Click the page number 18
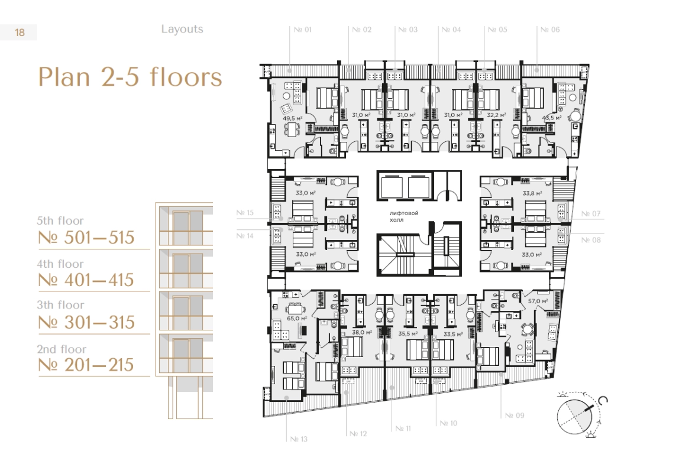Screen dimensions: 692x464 (20, 32)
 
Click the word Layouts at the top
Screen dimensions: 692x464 (182, 29)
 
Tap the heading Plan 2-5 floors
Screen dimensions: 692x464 (130, 77)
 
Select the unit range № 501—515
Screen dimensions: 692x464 (86, 237)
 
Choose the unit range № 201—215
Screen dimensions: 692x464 (86, 365)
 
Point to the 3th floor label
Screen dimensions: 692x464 (60, 305)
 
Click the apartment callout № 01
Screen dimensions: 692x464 (303, 30)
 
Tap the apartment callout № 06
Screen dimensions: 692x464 (550, 30)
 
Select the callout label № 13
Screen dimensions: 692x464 (299, 439)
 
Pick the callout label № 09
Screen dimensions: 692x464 (515, 415)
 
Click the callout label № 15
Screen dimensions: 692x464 (245, 213)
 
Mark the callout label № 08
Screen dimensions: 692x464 (591, 240)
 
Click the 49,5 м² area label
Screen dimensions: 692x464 (293, 118)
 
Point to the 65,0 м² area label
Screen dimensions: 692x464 (296, 318)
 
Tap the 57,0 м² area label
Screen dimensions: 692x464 (538, 301)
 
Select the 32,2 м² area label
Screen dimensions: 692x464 (496, 115)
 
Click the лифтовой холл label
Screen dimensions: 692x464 (404, 216)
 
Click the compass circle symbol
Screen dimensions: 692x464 (573, 416)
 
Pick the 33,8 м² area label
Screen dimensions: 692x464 (532, 193)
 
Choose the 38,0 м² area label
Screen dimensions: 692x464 (362, 332)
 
